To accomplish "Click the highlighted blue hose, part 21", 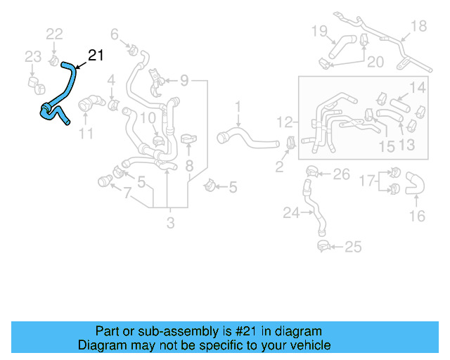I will (x=70, y=84).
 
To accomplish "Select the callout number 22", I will (x=54, y=34).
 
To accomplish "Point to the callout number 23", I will (x=32, y=56).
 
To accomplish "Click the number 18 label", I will (x=418, y=27).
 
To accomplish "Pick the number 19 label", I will (x=319, y=30).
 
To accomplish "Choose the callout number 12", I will (x=284, y=121).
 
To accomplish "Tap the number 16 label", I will (x=417, y=216).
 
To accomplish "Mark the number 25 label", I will (x=353, y=247).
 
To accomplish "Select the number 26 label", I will (x=340, y=174).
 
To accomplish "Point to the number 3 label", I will (x=170, y=224).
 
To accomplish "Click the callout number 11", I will (x=86, y=134).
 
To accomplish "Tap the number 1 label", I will (x=238, y=107).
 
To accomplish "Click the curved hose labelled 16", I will (x=415, y=184).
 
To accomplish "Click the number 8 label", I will (x=188, y=166).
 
